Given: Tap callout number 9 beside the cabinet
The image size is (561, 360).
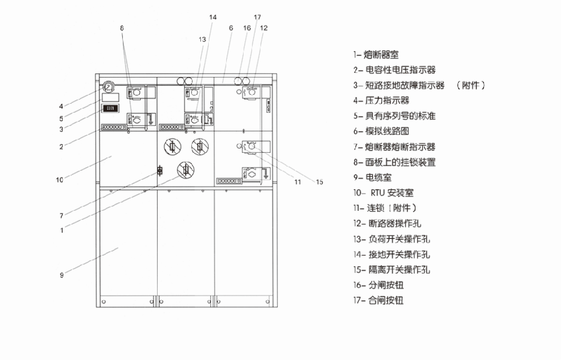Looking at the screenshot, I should (x=62, y=275).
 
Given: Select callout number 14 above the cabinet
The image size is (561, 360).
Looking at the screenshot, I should (x=212, y=17).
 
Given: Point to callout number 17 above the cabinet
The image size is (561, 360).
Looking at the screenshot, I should (x=257, y=17).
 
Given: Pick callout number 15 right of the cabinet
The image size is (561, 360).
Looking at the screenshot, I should (x=320, y=182).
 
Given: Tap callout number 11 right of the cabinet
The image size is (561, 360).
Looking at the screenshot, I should (x=298, y=182).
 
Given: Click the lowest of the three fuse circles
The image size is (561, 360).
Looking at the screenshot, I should (x=185, y=169).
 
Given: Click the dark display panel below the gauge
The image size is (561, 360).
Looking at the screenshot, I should (x=110, y=108).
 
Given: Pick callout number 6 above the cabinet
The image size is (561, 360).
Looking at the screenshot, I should (x=231, y=28).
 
